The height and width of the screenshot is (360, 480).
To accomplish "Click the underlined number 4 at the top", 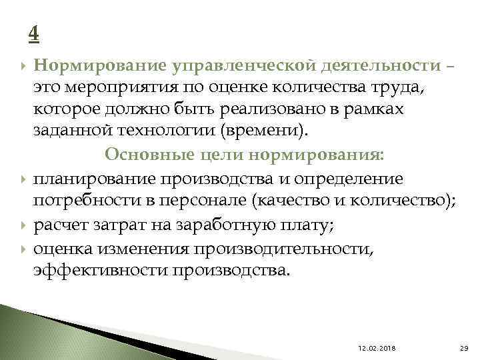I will click(35, 32).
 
